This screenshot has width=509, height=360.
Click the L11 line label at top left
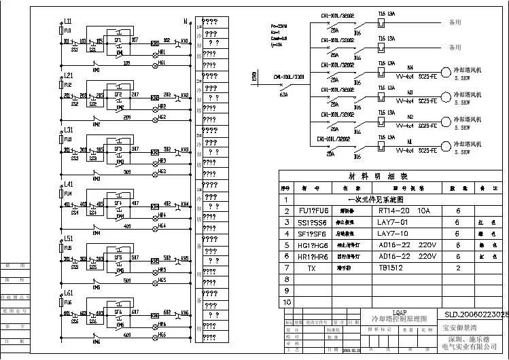pos(68,22)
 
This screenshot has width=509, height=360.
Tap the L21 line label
pos(68,75)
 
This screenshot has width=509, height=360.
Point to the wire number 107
pos(135,40)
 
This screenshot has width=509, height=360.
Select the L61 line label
pos(68,293)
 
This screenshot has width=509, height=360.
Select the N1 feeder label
pos(409,142)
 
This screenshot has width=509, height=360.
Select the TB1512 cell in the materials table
pos(391,268)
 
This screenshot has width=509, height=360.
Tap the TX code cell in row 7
pos(311,268)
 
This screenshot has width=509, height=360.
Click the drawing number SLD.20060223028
pos(476,314)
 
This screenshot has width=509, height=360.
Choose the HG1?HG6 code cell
pos(313,245)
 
